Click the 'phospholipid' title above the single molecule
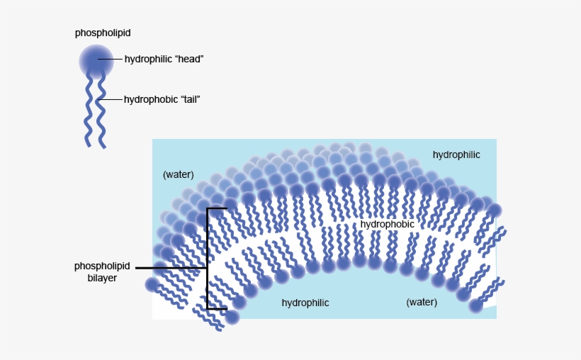[103, 33]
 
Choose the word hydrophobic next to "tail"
[147, 100]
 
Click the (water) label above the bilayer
[178, 174]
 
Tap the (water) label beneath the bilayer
[422, 302]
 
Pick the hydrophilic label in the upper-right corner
[456, 154]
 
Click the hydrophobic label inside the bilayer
[387, 224]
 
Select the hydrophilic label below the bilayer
[305, 303]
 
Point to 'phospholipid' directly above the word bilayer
[102, 266]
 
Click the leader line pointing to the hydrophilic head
[111, 60]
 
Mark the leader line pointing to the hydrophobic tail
[112, 100]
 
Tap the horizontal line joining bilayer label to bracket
[170, 268]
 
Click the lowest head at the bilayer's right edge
[475, 306]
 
